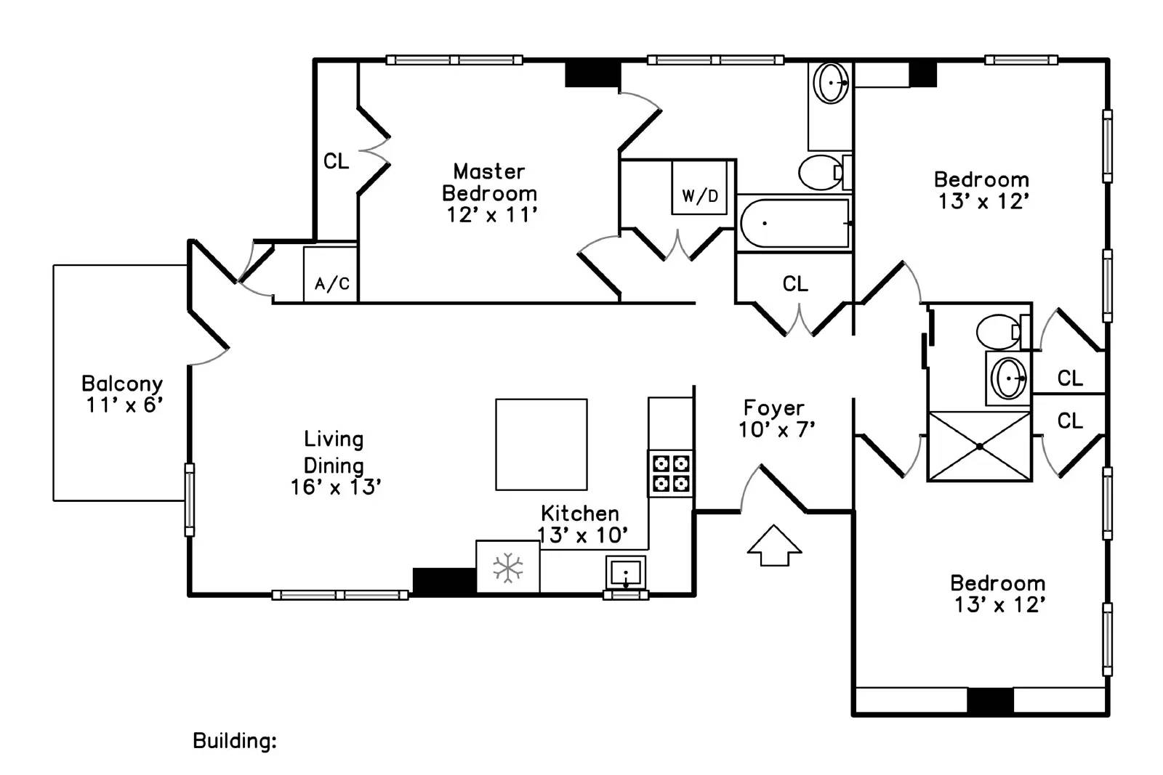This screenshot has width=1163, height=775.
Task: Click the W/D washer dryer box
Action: pyautogui.click(x=699, y=187)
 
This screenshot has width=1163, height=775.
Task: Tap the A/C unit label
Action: pyautogui.click(x=332, y=284)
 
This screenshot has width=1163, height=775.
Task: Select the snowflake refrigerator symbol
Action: pyautogui.click(x=508, y=567)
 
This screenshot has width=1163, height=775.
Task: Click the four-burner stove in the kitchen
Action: pyautogui.click(x=670, y=473)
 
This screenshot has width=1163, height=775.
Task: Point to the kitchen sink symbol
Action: pyautogui.click(x=626, y=573)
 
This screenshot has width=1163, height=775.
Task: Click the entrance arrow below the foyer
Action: pyautogui.click(x=774, y=545)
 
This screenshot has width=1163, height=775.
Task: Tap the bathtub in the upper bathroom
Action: pyautogui.click(x=794, y=224)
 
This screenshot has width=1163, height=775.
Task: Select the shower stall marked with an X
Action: pyautogui.click(x=979, y=446)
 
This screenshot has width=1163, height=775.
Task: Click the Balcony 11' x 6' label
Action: pyautogui.click(x=123, y=394)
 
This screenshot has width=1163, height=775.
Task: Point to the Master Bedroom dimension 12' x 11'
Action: pyautogui.click(x=491, y=215)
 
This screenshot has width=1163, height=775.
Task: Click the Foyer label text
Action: pyautogui.click(x=774, y=408)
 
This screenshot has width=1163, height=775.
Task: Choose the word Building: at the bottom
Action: pyautogui.click(x=235, y=742)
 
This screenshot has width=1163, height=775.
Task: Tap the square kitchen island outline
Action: pyautogui.click(x=542, y=445)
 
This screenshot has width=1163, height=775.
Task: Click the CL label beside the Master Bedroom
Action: pyautogui.click(x=336, y=161)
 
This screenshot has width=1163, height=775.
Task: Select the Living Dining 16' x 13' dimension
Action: pyautogui.click(x=336, y=487)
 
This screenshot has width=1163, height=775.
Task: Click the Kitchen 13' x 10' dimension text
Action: pyautogui.click(x=582, y=535)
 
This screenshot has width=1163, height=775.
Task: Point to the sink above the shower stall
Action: pyautogui.click(x=1008, y=378)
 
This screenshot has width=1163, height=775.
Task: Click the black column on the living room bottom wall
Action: pyautogui.click(x=444, y=581)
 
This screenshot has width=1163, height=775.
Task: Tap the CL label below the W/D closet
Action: pyautogui.click(x=795, y=284)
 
